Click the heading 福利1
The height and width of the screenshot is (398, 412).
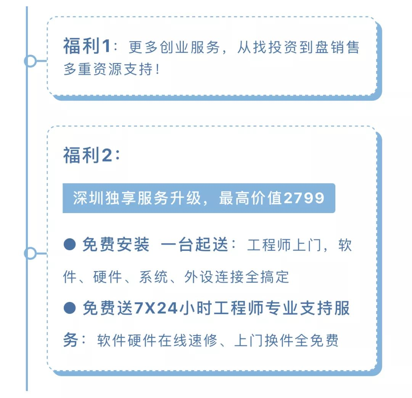[x=87, y=47]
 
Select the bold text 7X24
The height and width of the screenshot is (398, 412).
[x=156, y=308]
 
